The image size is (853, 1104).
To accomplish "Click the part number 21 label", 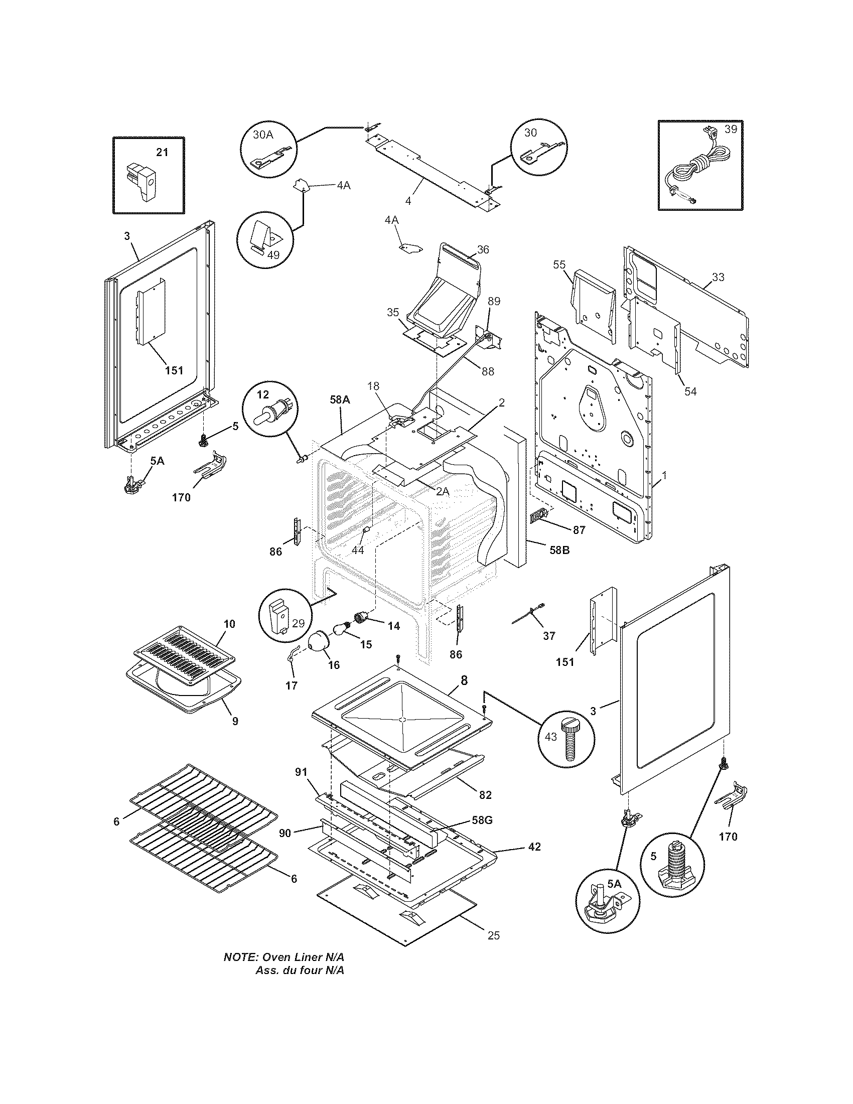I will [162, 152].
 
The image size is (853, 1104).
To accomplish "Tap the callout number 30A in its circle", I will [263, 134].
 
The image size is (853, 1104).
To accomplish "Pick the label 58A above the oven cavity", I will [340, 399].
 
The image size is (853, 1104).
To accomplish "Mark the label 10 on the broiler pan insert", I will [229, 624].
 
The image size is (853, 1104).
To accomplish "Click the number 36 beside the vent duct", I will [483, 249].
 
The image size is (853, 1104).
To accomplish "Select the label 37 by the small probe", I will [549, 636].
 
